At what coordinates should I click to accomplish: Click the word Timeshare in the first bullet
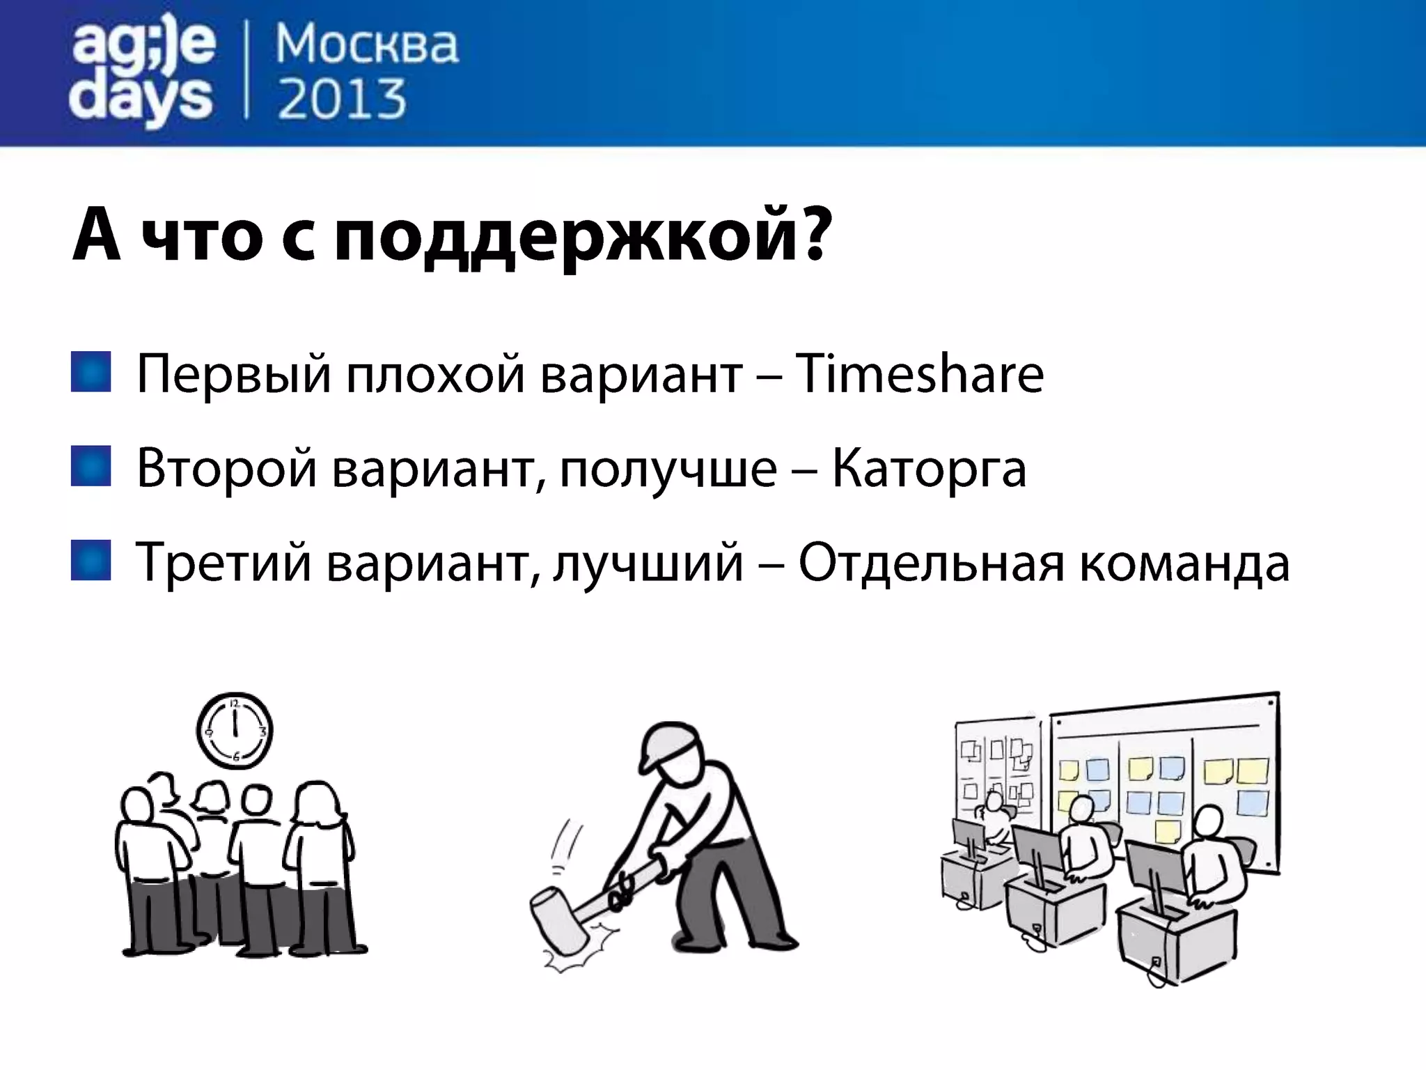pos(919,374)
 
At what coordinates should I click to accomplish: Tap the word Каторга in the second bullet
pos(929,468)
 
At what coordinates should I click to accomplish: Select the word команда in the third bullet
pos(1184,563)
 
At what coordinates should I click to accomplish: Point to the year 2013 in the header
pos(341,100)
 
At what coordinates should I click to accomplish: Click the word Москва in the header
pos(367,45)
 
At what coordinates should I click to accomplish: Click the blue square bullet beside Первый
pos(91,372)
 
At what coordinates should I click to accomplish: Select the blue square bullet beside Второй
pos(91,466)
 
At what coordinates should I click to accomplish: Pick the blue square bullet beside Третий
pos(91,560)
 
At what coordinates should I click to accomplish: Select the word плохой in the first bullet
pos(435,374)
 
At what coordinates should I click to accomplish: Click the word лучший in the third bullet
pos(648,563)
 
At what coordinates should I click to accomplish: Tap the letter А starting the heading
pos(97,235)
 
